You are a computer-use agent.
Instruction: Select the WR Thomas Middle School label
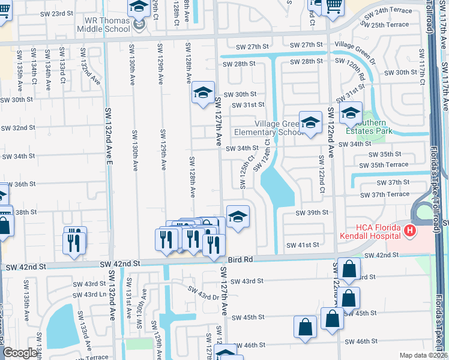tap(103, 25)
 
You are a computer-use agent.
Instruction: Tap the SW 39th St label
tap(312, 212)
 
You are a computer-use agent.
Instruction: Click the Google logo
tap(20, 353)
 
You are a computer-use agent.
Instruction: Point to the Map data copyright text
tap(424, 355)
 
